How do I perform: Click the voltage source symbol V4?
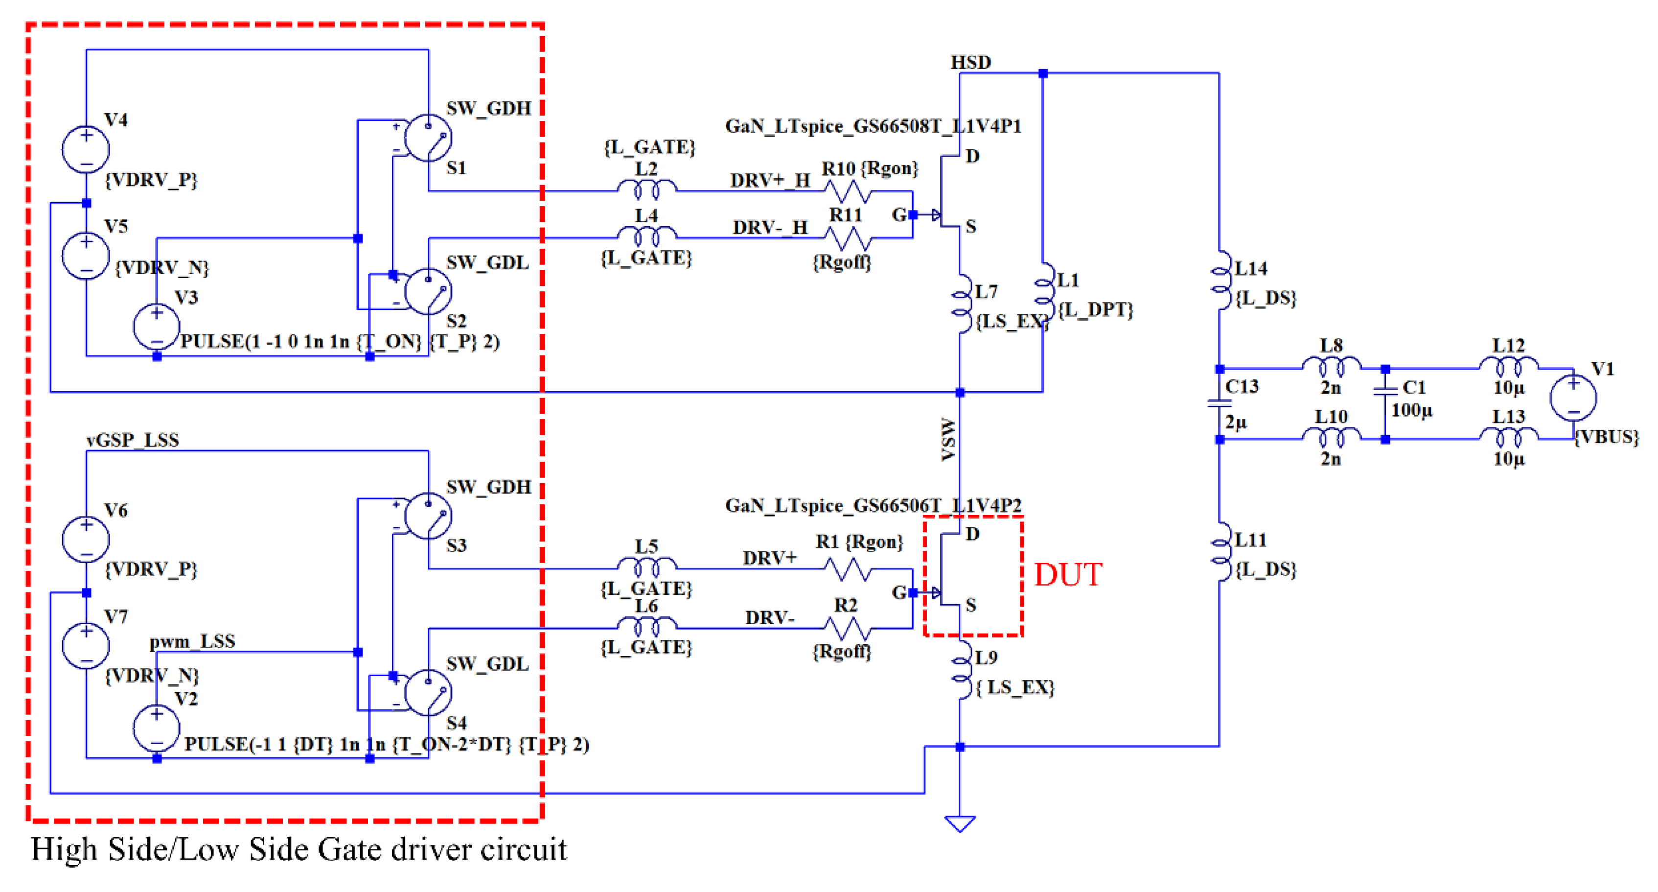[x=86, y=149]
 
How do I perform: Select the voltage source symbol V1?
[x=1572, y=398]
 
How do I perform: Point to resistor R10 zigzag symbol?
[x=848, y=191]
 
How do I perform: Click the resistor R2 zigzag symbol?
[x=848, y=628]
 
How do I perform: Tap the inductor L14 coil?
[x=1219, y=281]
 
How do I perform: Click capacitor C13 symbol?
[x=1219, y=404]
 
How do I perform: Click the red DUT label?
[x=1068, y=574]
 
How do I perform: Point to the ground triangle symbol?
[x=960, y=824]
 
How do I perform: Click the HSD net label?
[x=970, y=63]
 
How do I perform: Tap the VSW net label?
[x=948, y=440]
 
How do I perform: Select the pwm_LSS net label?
[x=192, y=641]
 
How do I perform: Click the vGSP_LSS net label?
[x=133, y=440]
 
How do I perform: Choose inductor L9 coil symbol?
[x=961, y=670]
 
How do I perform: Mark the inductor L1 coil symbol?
[x=1044, y=291]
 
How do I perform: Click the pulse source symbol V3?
[x=157, y=327]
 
